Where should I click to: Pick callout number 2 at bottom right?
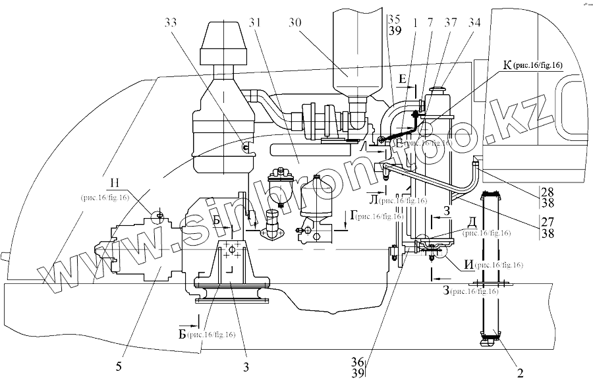[520, 373]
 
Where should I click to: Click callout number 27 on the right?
[548, 221]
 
